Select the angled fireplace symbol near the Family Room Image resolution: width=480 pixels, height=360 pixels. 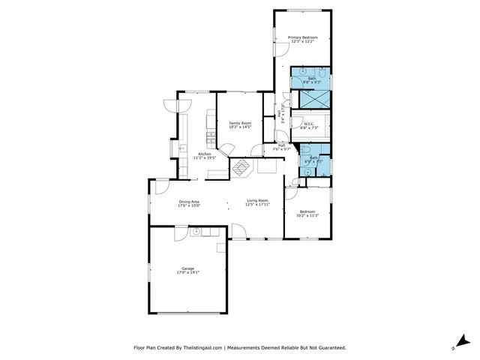coord(241,168)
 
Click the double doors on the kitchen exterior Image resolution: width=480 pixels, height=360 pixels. coord(170,106)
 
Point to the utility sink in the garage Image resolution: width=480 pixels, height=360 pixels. coord(196,232)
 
